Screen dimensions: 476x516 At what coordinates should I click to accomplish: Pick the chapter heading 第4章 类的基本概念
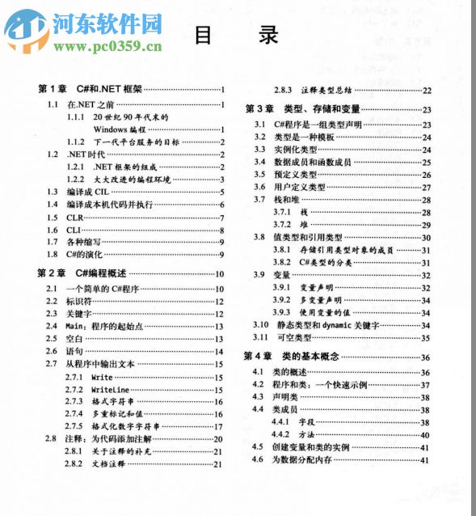click(292, 357)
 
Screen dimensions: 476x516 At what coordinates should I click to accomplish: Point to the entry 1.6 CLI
click(74, 230)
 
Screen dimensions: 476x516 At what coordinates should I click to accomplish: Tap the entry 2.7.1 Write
click(102, 377)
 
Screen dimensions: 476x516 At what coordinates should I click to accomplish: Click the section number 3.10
click(259, 324)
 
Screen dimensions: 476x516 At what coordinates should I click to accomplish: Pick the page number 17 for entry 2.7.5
click(218, 426)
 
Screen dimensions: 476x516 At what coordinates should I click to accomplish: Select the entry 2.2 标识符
click(78, 302)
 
